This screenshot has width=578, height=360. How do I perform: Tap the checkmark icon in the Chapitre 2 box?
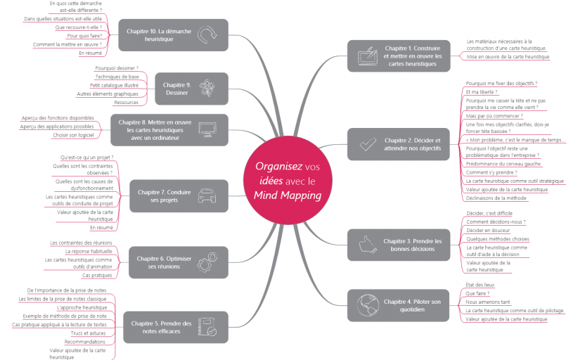[367, 144]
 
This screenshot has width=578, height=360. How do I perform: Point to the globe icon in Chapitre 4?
[367, 304]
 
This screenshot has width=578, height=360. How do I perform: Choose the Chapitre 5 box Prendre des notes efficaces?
[175, 327]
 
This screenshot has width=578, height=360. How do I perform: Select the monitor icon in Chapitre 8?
[209, 129]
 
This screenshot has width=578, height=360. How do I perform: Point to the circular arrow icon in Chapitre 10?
[208, 34]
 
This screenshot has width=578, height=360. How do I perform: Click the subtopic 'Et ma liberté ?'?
[482, 92]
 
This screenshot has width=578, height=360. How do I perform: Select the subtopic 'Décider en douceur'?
[487, 230]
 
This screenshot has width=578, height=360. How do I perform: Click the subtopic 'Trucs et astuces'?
[89, 333]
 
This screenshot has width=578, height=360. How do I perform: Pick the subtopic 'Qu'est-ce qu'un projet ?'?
[87, 157]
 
